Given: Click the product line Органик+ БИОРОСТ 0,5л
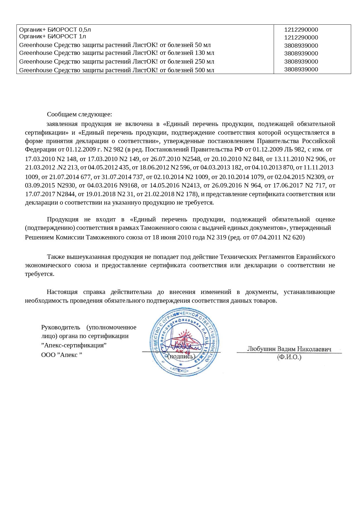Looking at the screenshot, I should [55, 30].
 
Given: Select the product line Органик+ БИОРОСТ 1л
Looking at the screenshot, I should [53, 36].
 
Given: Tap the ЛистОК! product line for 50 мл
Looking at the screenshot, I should [115, 45].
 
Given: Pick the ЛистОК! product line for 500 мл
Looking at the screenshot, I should [117, 70].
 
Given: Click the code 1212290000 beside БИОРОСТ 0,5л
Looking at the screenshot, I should [301, 30].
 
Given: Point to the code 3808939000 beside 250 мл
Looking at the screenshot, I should [301, 62].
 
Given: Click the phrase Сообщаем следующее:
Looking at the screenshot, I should [79, 114].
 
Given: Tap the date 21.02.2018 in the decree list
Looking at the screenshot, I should [159, 194].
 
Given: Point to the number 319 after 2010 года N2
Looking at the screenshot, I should [221, 237].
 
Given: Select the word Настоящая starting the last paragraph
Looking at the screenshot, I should [62, 292].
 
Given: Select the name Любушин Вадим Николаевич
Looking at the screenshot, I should [289, 349].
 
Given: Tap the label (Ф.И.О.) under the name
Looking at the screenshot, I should [289, 357].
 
